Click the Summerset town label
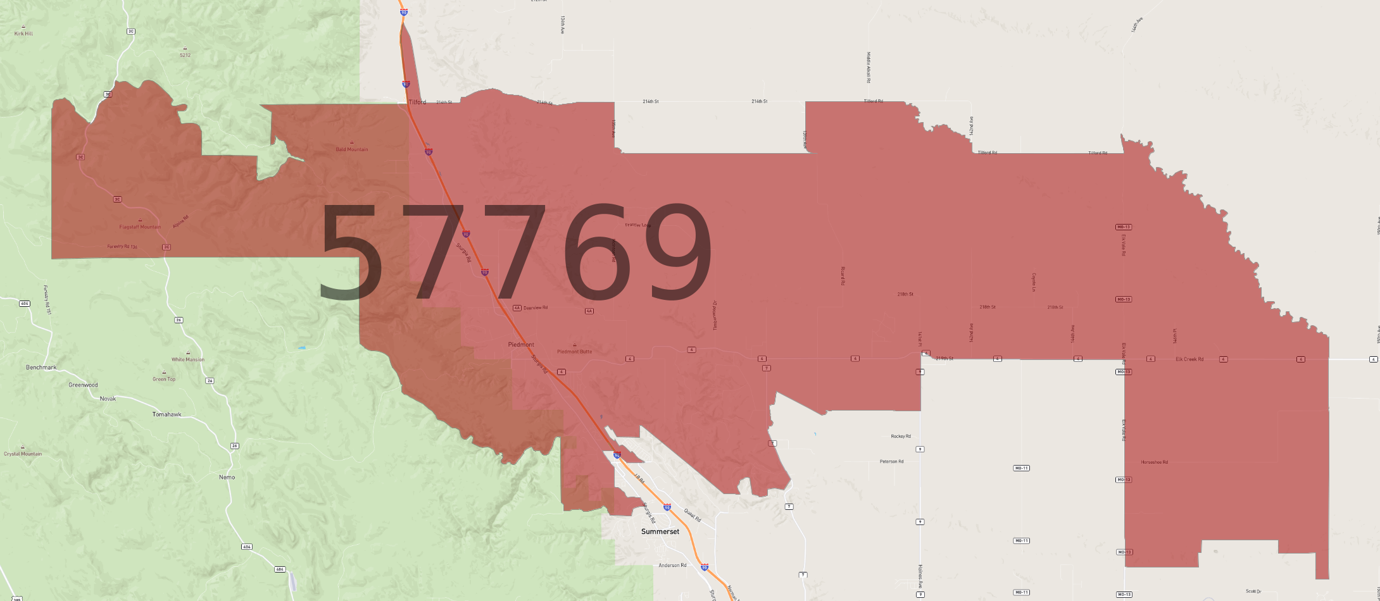click(660, 531)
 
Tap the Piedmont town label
click(521, 345)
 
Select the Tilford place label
click(417, 102)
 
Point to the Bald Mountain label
click(351, 150)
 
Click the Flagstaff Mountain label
click(140, 227)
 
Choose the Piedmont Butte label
click(574, 352)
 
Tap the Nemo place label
click(227, 477)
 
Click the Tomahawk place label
click(166, 414)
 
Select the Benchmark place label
click(41, 367)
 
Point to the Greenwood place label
click(83, 385)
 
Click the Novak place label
click(108, 399)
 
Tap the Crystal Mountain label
click(23, 454)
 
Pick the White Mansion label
click(187, 359)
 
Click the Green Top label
click(164, 379)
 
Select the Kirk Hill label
click(23, 34)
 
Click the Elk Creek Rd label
click(1189, 359)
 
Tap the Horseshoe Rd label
click(1154, 462)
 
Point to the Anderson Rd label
click(672, 565)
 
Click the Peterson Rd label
click(891, 461)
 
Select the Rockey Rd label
click(900, 436)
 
